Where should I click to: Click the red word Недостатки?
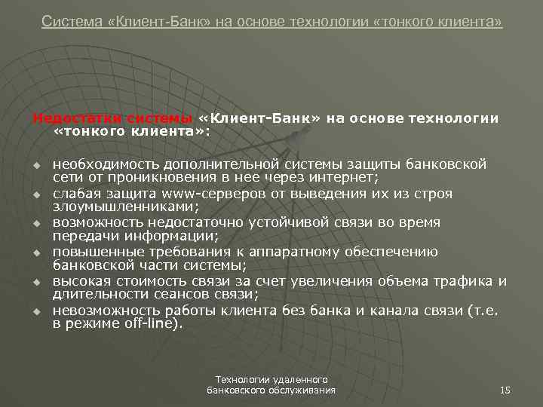(x=67, y=118)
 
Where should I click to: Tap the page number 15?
(x=505, y=390)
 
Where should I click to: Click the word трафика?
(x=465, y=281)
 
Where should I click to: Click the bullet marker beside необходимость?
(x=35, y=165)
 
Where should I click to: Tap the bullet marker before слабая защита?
(x=35, y=194)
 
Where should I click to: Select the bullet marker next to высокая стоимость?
(x=35, y=282)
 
